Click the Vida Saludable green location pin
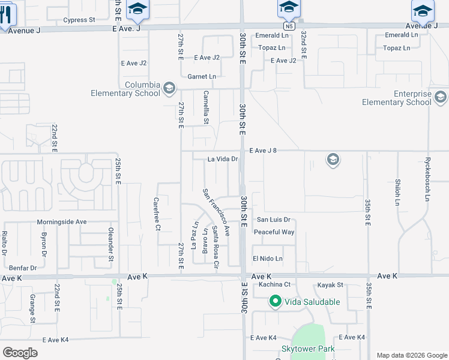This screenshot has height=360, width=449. (276, 301)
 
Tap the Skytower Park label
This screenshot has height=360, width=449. (309, 349)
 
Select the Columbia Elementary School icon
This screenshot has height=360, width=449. (169, 89)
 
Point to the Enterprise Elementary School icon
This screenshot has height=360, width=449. (441, 98)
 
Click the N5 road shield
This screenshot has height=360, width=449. (289, 26)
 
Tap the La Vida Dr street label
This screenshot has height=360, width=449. (223, 160)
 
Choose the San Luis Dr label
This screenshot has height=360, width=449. (274, 220)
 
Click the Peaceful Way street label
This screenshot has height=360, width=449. (274, 232)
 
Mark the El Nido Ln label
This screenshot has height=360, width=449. (267, 258)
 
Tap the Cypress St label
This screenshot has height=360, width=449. (79, 20)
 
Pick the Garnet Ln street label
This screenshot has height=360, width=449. (201, 77)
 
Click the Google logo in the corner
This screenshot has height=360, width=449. (20, 353)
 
